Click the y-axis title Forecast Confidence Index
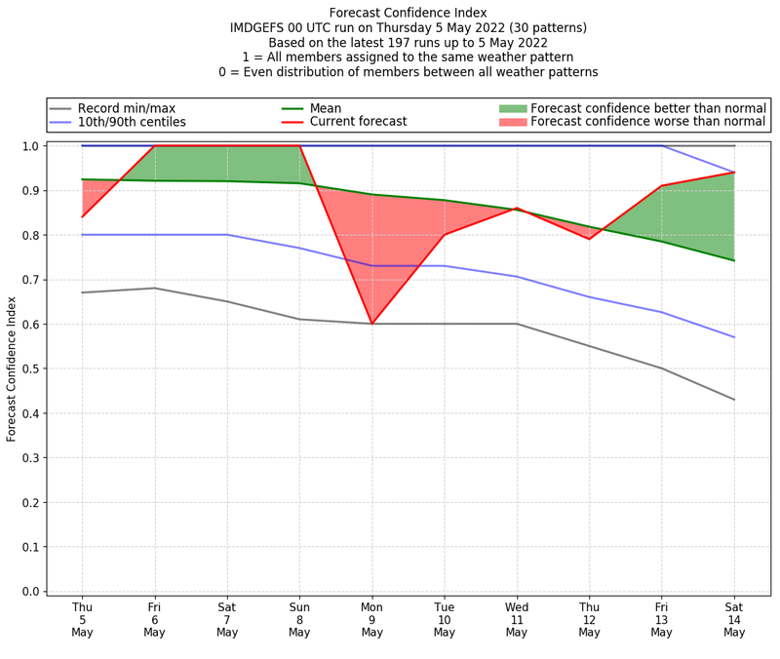[12, 368]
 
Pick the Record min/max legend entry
[125, 107]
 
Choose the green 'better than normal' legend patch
[512, 107]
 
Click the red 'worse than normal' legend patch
[512, 122]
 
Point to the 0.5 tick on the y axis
[31, 368]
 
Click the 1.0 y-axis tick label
[31, 146]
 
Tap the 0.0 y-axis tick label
[31, 592]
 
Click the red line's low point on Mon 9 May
[371, 324]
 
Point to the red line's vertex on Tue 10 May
[445, 235]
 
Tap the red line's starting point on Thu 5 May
[82, 216]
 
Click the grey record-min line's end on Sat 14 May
[734, 400]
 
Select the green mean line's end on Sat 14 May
[734, 260]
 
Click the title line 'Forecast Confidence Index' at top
[409, 13]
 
